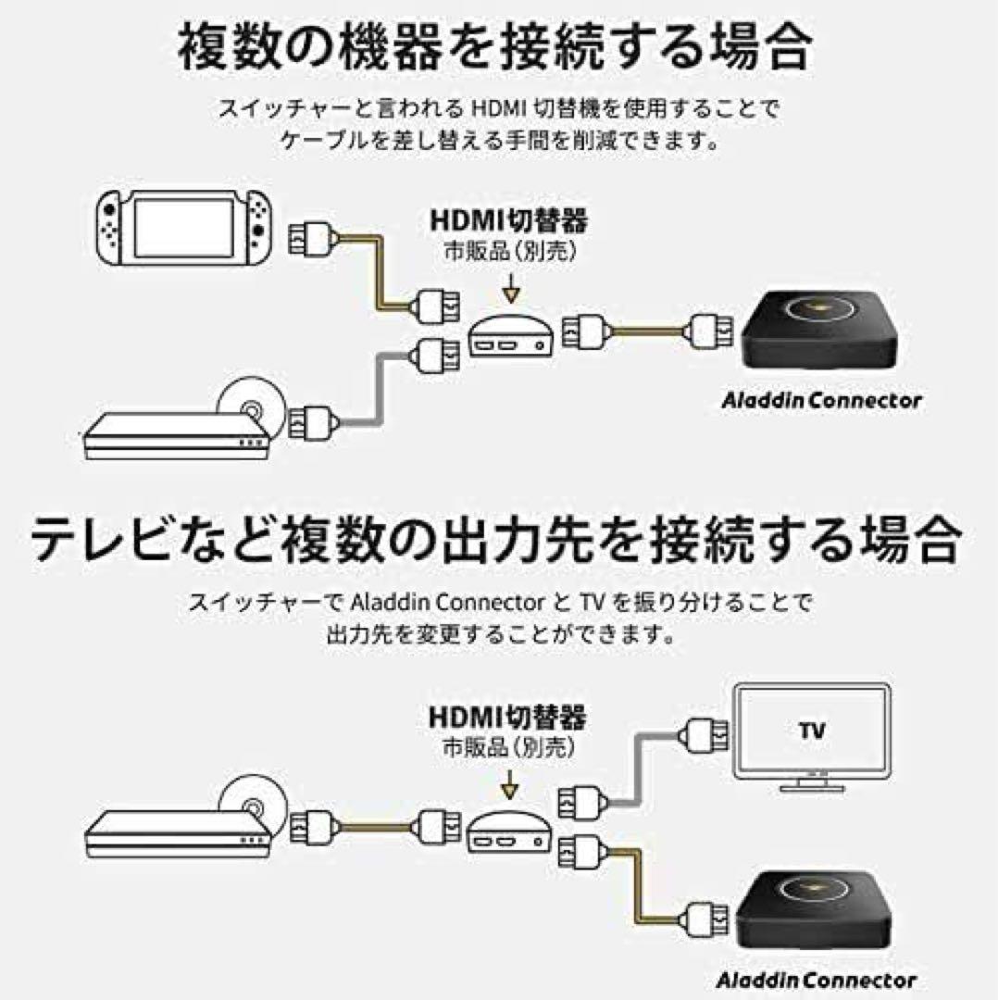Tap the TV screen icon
coord(810,736)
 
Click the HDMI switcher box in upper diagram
coord(510,337)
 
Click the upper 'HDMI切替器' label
coord(509,222)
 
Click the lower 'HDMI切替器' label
coord(509,718)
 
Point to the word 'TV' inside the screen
coord(811,731)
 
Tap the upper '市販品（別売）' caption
coord(509,252)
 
